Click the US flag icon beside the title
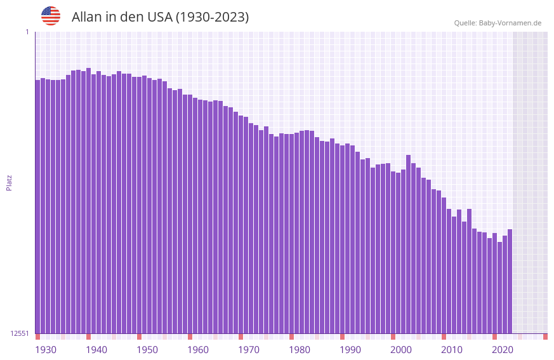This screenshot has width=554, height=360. click(51, 16)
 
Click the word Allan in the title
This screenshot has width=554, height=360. click(86, 17)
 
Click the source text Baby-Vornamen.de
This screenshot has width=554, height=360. click(510, 23)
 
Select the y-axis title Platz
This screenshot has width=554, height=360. click(9, 182)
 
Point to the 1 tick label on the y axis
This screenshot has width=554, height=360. click(27, 32)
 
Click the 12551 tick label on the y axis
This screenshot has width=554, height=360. click(19, 333)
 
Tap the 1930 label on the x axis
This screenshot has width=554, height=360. click(46, 350)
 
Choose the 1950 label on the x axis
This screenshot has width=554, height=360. click(147, 350)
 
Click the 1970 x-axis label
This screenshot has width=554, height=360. click(249, 350)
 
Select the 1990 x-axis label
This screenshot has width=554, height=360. click(350, 350)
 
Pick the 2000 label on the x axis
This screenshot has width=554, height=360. click(401, 350)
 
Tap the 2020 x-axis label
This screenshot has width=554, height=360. click(503, 350)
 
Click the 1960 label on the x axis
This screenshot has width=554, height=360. click(198, 350)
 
